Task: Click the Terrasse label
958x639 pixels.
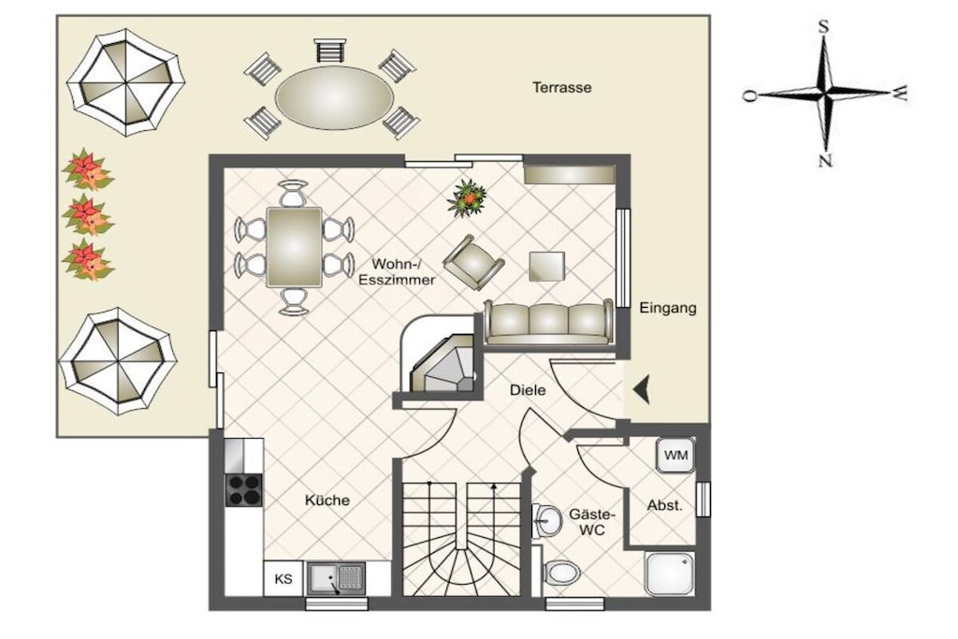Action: [561, 87]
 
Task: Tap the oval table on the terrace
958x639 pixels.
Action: [334, 97]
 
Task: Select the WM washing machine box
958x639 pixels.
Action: [675, 455]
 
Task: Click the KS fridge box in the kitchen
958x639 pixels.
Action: [283, 578]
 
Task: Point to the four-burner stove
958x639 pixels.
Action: [244, 490]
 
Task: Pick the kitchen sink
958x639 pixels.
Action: [337, 578]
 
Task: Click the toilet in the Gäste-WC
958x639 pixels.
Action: [561, 573]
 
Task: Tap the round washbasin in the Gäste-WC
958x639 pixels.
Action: [547, 520]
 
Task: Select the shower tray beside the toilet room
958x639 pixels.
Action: [670, 574]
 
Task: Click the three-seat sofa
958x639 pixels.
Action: [548, 322]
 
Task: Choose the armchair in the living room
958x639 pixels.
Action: [473, 262]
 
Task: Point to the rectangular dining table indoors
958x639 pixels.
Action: [294, 247]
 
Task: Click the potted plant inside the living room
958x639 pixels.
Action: [468, 198]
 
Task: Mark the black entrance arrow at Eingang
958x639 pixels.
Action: [641, 390]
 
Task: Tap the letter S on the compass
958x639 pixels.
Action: [823, 26]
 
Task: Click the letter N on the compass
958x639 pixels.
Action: [825, 161]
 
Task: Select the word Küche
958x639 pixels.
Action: [327, 501]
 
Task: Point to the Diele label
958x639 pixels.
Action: [528, 390]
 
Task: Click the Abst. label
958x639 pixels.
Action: [665, 506]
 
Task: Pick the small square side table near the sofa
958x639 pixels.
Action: [546, 267]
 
